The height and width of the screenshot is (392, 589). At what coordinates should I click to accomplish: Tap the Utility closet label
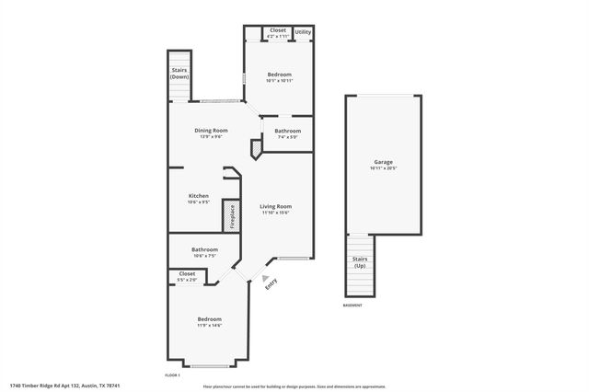(303, 31)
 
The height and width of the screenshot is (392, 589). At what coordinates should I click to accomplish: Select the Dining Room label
(211, 131)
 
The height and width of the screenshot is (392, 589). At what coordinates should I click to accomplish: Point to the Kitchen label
(199, 196)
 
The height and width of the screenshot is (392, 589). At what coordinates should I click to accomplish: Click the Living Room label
(275, 206)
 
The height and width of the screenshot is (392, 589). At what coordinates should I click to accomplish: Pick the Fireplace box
(233, 217)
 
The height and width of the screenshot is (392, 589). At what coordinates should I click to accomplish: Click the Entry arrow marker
(267, 278)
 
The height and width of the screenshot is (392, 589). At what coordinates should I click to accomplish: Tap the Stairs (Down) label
(179, 73)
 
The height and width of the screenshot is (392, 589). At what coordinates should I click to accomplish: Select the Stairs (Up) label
(361, 262)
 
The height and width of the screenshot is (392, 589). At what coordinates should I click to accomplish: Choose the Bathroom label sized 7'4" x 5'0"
(287, 131)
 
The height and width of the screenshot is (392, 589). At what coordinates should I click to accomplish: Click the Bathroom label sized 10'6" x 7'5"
(204, 249)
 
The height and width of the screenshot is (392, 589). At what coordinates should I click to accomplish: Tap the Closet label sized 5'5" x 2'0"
(187, 273)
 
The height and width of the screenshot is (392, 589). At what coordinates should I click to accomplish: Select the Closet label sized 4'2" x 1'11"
(278, 30)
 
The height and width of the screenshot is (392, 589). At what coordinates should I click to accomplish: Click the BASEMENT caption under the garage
(352, 306)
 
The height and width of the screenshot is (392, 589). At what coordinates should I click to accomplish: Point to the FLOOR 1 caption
(172, 375)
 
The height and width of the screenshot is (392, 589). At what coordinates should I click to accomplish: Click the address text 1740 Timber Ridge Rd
(65, 385)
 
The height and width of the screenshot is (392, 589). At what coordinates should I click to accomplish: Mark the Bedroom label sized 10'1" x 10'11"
(280, 75)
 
